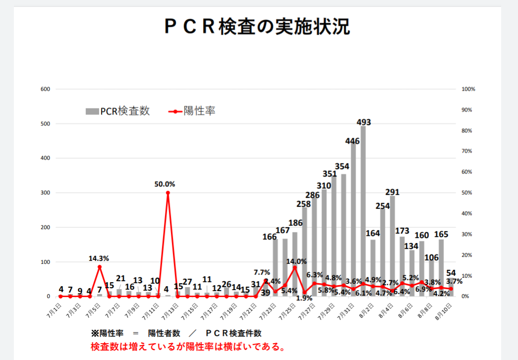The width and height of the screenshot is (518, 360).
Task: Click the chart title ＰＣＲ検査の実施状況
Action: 257,27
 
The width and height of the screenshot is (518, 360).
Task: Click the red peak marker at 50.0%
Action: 168,193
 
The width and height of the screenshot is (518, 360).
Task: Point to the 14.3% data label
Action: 99,258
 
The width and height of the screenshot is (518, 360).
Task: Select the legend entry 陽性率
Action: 193,111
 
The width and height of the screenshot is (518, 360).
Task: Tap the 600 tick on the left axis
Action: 45,89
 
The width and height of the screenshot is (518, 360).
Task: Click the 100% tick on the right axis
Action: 468,89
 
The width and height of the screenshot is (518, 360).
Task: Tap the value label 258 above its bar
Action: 304,204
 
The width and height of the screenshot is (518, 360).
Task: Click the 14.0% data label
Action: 296,261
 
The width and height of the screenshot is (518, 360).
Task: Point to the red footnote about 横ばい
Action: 188,346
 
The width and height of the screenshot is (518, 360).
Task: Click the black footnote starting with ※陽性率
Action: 176,333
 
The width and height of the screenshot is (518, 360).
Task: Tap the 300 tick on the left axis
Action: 45,193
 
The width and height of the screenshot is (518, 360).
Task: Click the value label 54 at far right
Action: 451,273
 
